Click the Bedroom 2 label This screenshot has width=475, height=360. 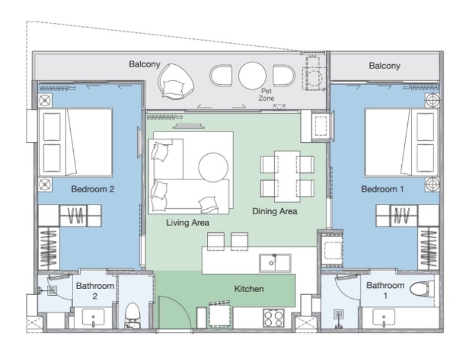(x=92, y=189)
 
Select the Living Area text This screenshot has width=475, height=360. (x=188, y=223)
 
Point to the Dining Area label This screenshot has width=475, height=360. (x=275, y=211)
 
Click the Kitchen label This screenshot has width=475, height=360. (x=248, y=289)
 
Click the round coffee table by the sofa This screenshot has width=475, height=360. (x=214, y=166)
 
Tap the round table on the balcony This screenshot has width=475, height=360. (x=252, y=76)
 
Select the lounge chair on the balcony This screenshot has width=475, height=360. (x=175, y=81)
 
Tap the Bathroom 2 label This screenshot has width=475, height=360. (x=95, y=291)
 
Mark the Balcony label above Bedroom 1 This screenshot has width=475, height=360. (x=384, y=65)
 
